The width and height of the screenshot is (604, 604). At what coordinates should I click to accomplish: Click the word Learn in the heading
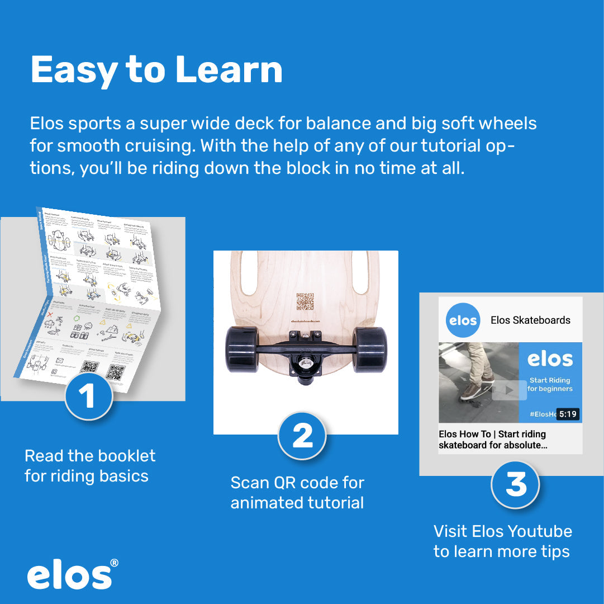pyautogui.click(x=229, y=70)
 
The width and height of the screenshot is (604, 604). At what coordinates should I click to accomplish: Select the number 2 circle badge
pyautogui.click(x=302, y=436)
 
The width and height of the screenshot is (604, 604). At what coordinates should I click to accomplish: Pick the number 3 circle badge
pyautogui.click(x=515, y=484)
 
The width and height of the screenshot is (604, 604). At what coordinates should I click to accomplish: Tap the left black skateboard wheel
pyautogui.click(x=242, y=350)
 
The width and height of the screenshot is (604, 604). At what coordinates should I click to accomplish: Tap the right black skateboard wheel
pyautogui.click(x=369, y=350)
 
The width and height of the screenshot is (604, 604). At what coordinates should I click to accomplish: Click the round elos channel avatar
pyautogui.click(x=463, y=320)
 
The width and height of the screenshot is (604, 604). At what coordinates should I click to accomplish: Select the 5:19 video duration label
pyautogui.click(x=568, y=414)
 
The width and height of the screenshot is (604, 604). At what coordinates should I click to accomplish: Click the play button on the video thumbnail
pyautogui.click(x=509, y=390)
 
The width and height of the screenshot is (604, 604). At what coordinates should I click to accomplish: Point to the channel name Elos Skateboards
pyautogui.click(x=530, y=320)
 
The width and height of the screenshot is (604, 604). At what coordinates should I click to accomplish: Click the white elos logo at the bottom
pyautogui.click(x=69, y=576)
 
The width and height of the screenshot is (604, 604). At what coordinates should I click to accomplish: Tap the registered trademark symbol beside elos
pyautogui.click(x=114, y=563)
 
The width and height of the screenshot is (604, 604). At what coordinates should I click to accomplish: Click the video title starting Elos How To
pyautogui.click(x=492, y=440)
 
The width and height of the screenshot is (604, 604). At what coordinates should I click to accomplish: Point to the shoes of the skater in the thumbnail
pyautogui.click(x=475, y=389)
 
